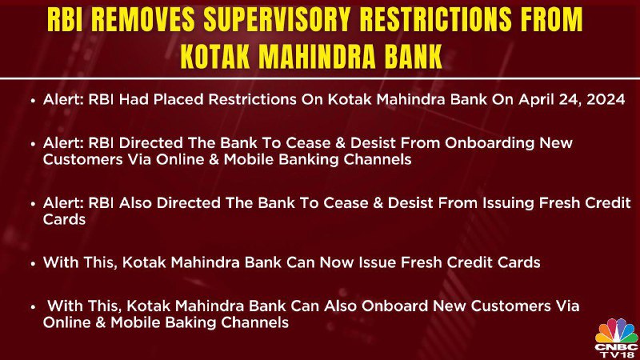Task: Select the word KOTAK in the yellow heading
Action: pos(215,56)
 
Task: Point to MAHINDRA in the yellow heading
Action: pos(317,56)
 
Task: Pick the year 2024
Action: pos(606,99)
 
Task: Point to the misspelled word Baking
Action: pos(191,323)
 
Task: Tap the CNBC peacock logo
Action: pos(616,330)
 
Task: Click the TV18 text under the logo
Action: pos(618,355)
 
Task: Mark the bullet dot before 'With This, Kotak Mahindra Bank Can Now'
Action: pos(34,264)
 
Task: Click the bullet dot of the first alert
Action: pos(34,101)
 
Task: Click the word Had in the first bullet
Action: pos(134,99)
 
